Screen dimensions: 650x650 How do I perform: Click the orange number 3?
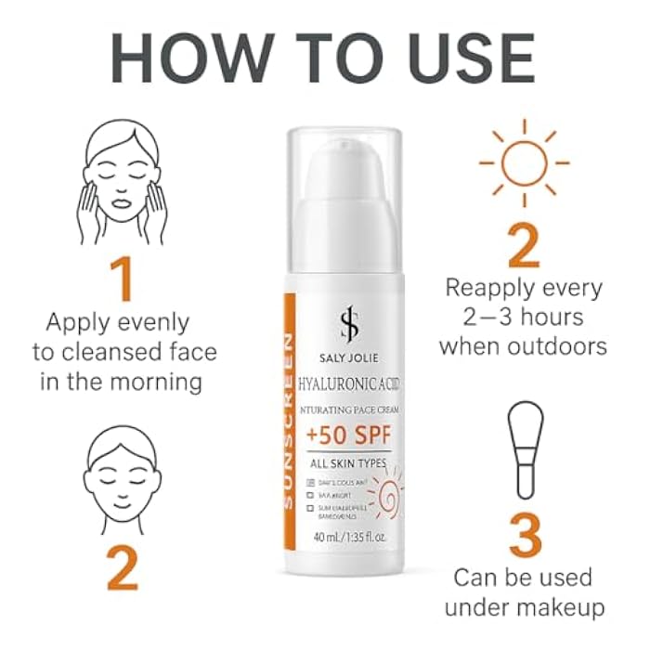click(525, 536)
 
